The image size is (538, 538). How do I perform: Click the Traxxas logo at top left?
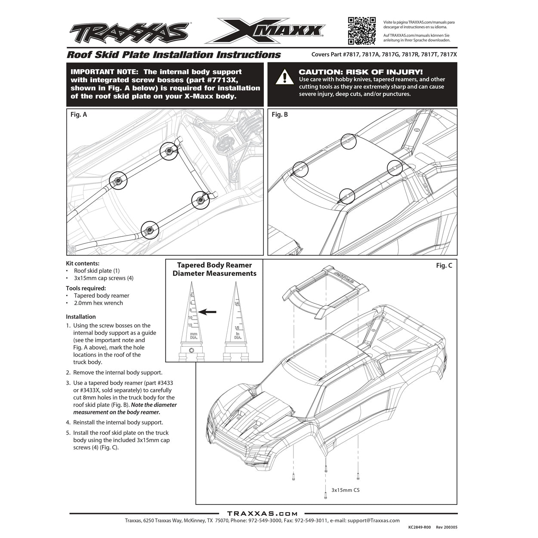coord(129,32)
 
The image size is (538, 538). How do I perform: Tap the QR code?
coord(362,31)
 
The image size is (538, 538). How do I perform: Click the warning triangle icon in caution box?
coord(284,77)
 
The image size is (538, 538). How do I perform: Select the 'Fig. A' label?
coord(79,114)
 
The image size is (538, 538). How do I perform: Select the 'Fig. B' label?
coord(280,114)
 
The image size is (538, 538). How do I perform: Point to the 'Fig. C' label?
coord(444,266)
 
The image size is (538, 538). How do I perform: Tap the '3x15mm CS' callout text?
coord(345,490)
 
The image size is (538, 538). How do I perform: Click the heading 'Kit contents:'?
coord(83,263)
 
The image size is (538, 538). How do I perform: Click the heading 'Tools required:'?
coord(86,288)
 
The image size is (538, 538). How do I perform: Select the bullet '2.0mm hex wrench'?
coord(98,303)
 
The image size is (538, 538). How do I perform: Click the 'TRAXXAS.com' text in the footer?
coord(262,513)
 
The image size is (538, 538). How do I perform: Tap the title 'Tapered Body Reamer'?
coord(214,265)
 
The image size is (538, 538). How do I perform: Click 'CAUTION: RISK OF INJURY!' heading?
coord(361,72)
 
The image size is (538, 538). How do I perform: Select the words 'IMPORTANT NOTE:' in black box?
coord(105,72)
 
